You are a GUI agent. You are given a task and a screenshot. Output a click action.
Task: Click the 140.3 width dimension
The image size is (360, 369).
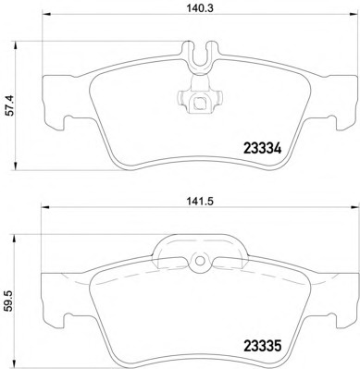[200, 8]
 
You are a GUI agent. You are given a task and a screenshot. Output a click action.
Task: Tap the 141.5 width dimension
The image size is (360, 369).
[200, 202]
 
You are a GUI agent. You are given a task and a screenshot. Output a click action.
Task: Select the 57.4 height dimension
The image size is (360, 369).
[11, 105]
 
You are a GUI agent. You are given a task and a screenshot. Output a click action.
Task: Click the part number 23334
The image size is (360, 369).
[263, 149]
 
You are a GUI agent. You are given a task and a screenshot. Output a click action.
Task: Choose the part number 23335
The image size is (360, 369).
[263, 346]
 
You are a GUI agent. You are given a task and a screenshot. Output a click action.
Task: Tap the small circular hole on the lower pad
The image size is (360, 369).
[200, 261]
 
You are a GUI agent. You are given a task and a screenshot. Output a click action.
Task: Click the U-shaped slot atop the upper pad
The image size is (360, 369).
[200, 55]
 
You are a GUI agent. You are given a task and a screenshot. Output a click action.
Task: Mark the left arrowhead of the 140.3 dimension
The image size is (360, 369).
[45, 14]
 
